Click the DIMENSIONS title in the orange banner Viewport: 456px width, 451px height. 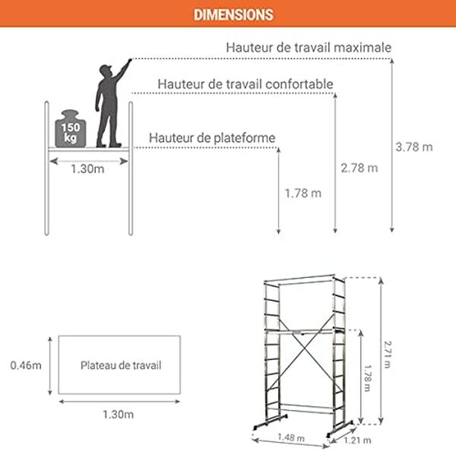(233, 15)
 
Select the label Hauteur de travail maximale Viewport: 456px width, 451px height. (309, 47)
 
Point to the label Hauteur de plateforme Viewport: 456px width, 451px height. (212, 138)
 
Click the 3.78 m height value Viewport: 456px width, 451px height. (414, 147)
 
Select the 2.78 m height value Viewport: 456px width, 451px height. (359, 168)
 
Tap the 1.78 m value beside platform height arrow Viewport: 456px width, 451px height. (302, 193)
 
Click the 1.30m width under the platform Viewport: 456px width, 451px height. (87, 169)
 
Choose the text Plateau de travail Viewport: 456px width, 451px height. (121, 365)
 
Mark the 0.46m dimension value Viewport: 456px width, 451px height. (26, 365)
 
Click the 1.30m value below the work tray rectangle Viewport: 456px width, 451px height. (118, 414)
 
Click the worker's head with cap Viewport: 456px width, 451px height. (107, 71)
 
